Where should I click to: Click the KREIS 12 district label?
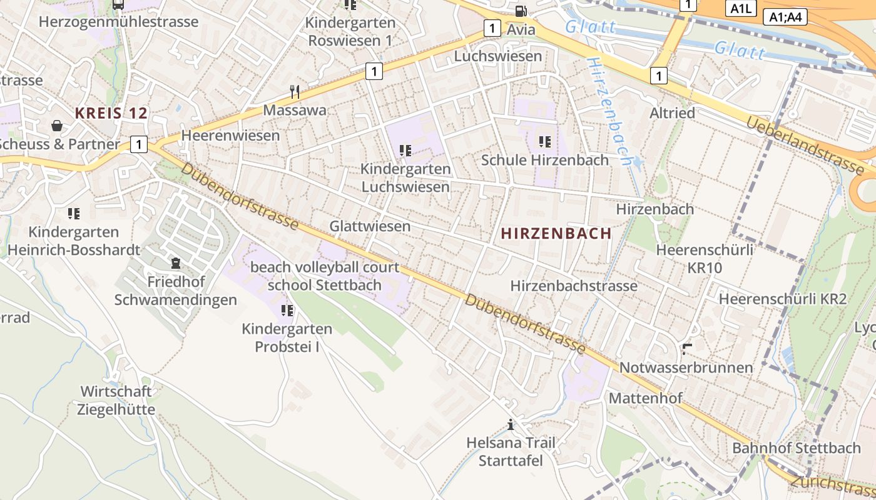(x=111, y=113)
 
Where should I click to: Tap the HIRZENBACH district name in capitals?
(x=556, y=234)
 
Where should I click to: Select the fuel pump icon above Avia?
(x=521, y=11)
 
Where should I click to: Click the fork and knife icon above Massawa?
(x=295, y=92)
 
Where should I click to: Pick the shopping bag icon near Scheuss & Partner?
(x=57, y=126)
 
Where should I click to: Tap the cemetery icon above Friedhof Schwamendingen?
(x=175, y=263)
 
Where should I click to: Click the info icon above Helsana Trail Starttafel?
(x=511, y=425)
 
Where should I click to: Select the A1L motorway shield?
(x=741, y=9)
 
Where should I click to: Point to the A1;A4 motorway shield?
(x=785, y=17)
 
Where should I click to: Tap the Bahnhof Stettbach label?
(x=796, y=448)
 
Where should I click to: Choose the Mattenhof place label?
(x=645, y=398)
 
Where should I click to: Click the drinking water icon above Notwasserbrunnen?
(x=687, y=349)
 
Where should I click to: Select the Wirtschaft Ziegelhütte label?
(x=116, y=401)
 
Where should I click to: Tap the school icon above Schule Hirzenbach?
(x=544, y=142)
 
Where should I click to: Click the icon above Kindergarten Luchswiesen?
(x=405, y=151)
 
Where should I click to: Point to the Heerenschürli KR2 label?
(x=782, y=299)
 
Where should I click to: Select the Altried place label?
(x=672, y=113)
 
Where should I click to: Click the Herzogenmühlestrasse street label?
(x=118, y=22)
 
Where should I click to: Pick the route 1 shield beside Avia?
(x=492, y=28)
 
